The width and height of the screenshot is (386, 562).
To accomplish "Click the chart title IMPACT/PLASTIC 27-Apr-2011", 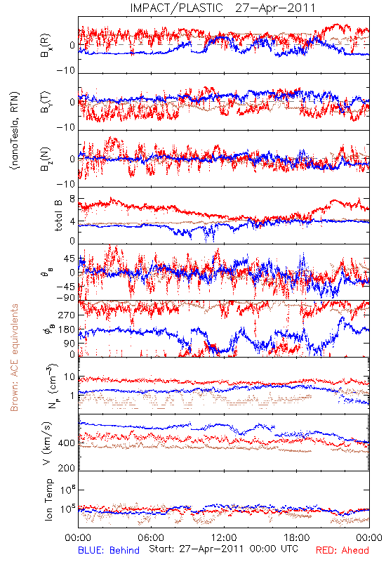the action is (x=222, y=8).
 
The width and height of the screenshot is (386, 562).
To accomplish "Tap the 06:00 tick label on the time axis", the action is (x=151, y=537).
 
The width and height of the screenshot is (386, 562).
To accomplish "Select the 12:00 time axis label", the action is (x=224, y=537).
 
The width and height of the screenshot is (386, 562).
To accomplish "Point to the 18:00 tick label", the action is (x=297, y=537).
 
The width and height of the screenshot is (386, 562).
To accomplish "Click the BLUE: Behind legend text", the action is (x=109, y=550).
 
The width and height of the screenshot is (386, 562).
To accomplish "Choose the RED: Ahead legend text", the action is (x=342, y=550).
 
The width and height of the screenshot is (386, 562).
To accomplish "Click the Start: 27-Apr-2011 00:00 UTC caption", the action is (x=223, y=549).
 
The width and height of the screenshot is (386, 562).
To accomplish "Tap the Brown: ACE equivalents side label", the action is (x=14, y=358).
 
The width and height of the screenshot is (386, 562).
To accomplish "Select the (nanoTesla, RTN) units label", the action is (x=15, y=130).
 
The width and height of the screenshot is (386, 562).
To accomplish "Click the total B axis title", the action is (x=58, y=215).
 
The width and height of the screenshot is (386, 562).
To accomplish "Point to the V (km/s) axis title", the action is (x=47, y=443).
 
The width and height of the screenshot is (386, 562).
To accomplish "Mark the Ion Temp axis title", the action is (x=48, y=499).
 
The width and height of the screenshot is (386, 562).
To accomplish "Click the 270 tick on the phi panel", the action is (x=67, y=315).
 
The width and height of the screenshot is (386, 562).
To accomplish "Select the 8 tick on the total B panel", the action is (x=72, y=199).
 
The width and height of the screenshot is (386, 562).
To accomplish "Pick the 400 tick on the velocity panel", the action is (x=67, y=443).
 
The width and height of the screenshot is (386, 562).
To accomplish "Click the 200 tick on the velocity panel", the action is (x=67, y=468).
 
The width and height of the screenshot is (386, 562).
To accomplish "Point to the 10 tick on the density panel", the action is (x=69, y=377).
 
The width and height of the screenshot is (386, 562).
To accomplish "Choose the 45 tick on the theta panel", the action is (x=69, y=259).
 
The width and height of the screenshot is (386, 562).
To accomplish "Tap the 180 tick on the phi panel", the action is (x=67, y=329).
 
